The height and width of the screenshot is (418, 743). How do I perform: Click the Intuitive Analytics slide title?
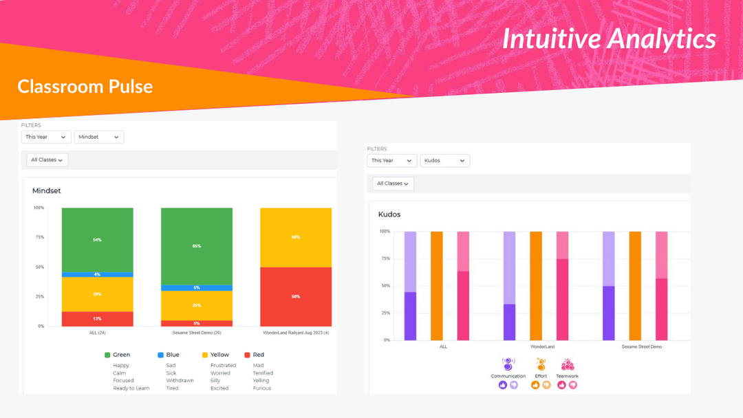(609, 39)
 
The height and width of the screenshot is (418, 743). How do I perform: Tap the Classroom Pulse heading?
(85, 86)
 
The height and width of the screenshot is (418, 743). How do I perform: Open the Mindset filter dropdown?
(98, 137)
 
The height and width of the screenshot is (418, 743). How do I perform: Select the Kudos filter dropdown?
(444, 160)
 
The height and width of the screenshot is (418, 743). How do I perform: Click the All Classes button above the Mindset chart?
(47, 159)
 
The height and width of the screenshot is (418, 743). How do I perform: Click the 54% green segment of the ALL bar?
(97, 239)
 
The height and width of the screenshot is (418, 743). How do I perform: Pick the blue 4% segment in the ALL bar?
(97, 274)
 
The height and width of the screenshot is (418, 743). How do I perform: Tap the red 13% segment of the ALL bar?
(97, 318)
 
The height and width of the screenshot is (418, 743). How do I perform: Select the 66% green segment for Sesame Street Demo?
(196, 245)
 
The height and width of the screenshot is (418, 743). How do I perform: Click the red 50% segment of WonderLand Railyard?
(295, 296)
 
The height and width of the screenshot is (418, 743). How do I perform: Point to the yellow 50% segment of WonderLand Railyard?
(295, 237)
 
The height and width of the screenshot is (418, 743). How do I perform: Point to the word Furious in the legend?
(262, 388)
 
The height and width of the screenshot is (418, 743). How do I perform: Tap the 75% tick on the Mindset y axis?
(39, 237)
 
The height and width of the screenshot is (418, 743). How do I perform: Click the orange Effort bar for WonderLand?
(535, 285)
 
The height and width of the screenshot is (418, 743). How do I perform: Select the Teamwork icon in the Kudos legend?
(567, 365)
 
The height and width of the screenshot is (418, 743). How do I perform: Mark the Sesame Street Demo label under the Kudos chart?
(641, 346)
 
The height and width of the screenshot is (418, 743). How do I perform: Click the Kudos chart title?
(389, 214)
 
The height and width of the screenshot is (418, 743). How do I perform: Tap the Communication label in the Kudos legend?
(508, 376)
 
